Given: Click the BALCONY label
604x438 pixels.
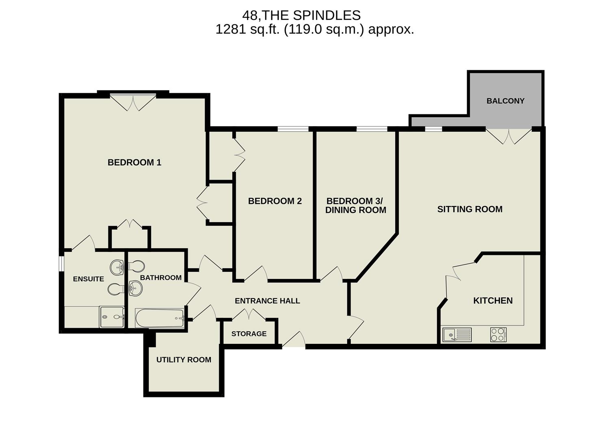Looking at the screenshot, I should tap(505, 101).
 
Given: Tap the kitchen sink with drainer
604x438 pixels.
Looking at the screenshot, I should tap(457, 335).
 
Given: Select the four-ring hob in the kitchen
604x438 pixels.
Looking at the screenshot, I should tap(498, 335).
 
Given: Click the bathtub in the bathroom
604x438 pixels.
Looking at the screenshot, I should tap(160, 318).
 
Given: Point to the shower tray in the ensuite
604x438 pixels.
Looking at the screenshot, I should tap(112, 317).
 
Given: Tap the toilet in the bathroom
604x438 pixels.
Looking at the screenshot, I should tap(136, 266).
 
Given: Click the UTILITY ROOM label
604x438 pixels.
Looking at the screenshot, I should tap(184, 360).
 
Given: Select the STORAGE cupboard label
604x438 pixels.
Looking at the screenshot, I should tap(249, 334).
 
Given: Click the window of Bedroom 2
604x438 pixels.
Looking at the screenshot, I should tap(293, 129).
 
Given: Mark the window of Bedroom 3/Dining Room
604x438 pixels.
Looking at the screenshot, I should tap(372, 129).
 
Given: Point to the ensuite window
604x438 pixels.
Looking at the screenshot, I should tap(61, 263).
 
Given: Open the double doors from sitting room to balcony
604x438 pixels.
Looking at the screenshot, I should tap(509, 135).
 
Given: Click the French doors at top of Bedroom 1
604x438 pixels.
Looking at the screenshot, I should tap(133, 101).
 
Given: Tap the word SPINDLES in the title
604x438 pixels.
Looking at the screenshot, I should tap(327, 15).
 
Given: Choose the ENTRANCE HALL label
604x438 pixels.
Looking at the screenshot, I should tap(267, 301).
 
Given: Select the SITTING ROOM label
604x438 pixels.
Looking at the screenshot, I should tap(470, 209).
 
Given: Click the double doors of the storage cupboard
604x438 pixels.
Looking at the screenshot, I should tap(249, 314).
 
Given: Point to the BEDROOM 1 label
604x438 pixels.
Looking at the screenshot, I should tap(134, 163).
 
